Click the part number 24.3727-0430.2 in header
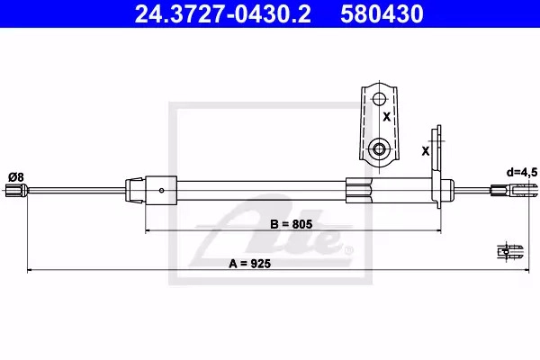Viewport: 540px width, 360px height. tap(223, 13)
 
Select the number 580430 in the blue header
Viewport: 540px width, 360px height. tap(382, 13)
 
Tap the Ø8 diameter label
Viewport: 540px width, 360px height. tap(16, 177)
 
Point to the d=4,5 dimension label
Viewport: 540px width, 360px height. tap(521, 172)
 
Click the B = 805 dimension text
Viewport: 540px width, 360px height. tap(292, 224)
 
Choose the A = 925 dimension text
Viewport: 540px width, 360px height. tap(250, 264)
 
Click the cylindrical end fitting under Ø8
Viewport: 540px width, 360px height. tap(16, 191)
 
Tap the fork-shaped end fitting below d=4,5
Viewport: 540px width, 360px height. tap(514, 191)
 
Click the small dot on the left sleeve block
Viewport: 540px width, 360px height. tap(161, 190)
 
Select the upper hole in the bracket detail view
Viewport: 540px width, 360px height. tap(379, 99)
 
